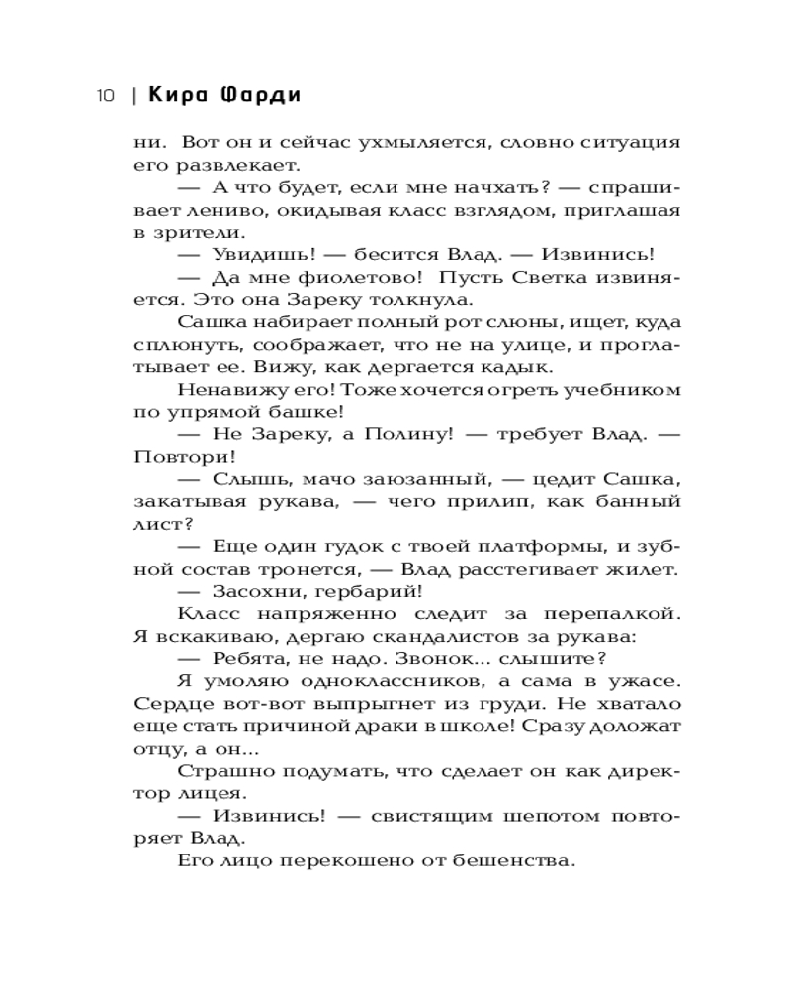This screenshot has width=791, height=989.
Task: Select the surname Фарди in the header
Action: click(x=260, y=96)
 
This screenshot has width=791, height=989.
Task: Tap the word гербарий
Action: click(x=371, y=591)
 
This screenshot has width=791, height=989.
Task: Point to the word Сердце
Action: click(x=170, y=703)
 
